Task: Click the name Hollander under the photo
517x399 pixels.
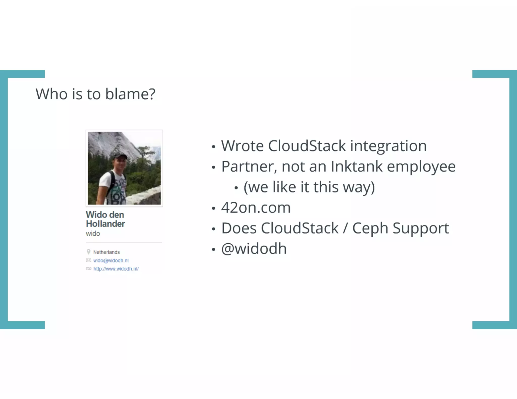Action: pyautogui.click(x=105, y=224)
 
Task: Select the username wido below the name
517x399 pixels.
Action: pyautogui.click(x=93, y=234)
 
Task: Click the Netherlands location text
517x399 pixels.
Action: pyautogui.click(x=106, y=252)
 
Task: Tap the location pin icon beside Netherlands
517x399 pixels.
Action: pyautogui.click(x=88, y=252)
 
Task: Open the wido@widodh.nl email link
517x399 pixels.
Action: pyautogui.click(x=111, y=261)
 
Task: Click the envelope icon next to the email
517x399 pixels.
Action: pyautogui.click(x=88, y=260)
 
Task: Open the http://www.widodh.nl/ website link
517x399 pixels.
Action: pyautogui.click(x=116, y=269)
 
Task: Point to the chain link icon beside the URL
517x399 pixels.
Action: pyautogui.click(x=88, y=269)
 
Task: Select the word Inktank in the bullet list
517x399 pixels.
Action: pyautogui.click(x=356, y=166)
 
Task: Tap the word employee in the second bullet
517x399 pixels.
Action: pyautogui.click(x=421, y=167)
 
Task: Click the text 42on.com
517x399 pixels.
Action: pyautogui.click(x=256, y=208)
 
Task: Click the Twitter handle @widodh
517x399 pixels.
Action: pyautogui.click(x=254, y=249)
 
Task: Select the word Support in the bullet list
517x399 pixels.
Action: pyautogui.click(x=421, y=229)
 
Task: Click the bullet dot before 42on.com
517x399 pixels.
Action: pyautogui.click(x=214, y=208)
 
